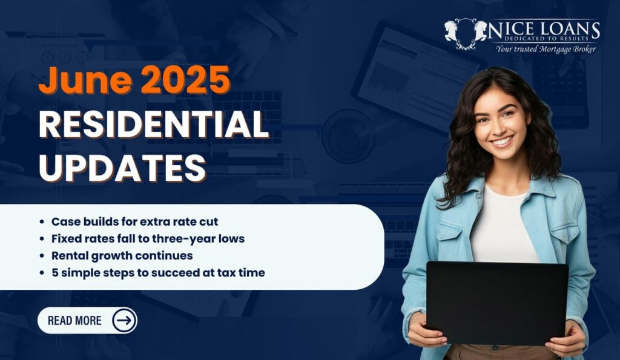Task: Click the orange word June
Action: (x=85, y=80)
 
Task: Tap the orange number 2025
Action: (x=185, y=80)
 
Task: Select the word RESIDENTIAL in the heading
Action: (x=154, y=124)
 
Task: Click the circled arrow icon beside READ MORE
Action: (x=124, y=320)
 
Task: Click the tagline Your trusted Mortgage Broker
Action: (x=546, y=49)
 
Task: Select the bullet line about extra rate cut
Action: (x=134, y=221)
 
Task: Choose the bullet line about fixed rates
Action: (x=148, y=238)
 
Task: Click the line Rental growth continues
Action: (x=122, y=256)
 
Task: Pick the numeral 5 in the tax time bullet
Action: (x=55, y=273)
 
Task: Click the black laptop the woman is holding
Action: (x=497, y=303)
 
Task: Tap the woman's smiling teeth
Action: (x=502, y=141)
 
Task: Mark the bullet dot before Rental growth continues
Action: (x=42, y=256)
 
